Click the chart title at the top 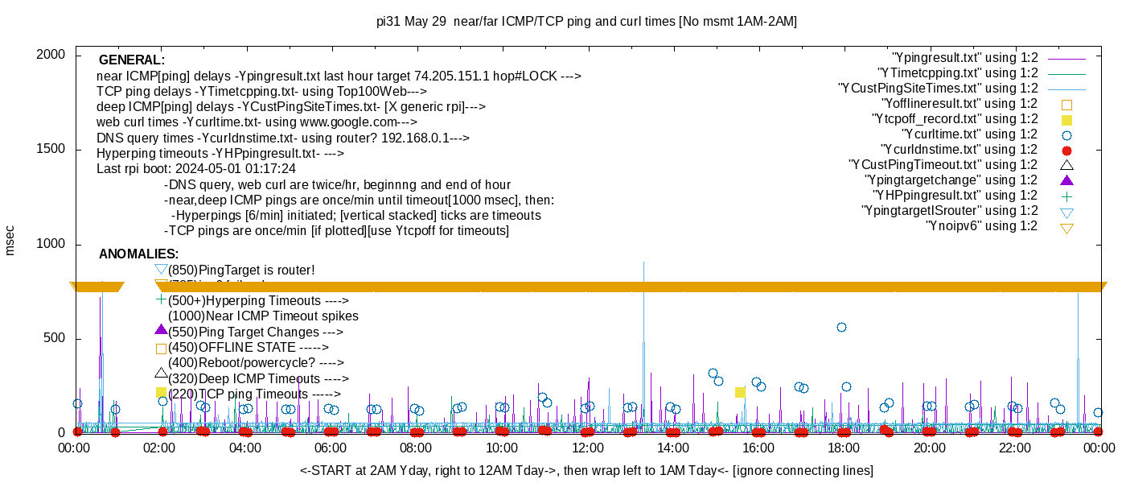[586, 22]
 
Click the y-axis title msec [10, 240]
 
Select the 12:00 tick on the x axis [587, 447]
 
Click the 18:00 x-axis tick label [843, 447]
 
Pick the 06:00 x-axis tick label [331, 447]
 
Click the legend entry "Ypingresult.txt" [964, 58]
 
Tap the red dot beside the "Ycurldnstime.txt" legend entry [1066, 151]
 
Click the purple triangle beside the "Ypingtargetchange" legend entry [1066, 180]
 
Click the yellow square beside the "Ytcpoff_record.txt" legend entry [1066, 120]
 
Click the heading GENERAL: [131, 60]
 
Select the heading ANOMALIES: [138, 254]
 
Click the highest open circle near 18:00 [841, 327]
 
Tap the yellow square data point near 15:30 [740, 392]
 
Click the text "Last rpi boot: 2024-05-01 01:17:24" [195, 169]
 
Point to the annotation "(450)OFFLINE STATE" [241, 348]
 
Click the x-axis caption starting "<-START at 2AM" [586, 470]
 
